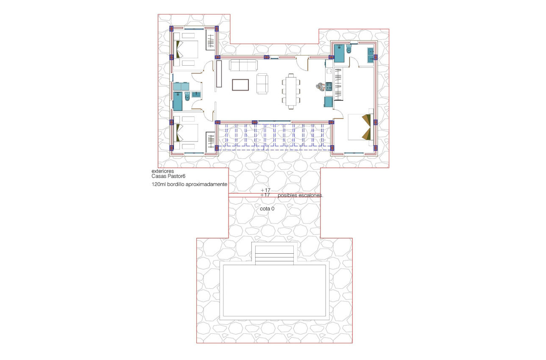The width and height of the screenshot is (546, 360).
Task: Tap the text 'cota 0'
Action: click(267, 209)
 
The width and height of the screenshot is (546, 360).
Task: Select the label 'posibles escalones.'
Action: click(301, 196)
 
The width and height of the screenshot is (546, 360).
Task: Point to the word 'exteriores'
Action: click(163, 171)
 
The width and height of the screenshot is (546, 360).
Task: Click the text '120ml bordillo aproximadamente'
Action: click(190, 185)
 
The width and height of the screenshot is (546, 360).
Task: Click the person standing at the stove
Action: click(320, 87)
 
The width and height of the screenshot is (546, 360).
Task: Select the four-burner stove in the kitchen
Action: click(328, 87)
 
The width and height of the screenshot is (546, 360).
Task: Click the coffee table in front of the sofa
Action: click(240, 85)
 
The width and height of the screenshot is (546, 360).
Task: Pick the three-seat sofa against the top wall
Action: click(243, 65)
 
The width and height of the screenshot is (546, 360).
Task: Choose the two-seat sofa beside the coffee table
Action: click(262, 83)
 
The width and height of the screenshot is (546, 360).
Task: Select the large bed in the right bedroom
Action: click(360, 126)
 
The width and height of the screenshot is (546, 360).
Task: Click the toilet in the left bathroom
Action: click(188, 97)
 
